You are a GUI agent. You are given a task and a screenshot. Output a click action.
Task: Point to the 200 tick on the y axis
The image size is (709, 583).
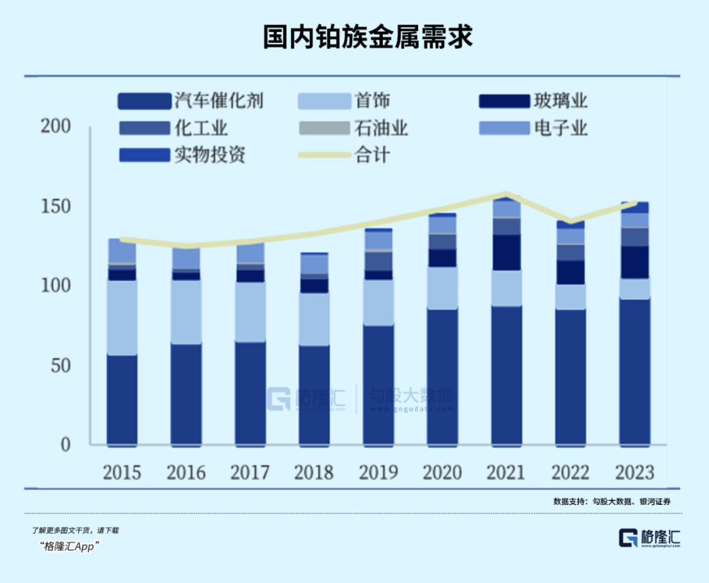56,127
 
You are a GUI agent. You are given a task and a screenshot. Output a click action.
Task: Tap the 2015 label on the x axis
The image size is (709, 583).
121,472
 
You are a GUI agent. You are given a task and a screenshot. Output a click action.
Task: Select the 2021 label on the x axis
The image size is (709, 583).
506,472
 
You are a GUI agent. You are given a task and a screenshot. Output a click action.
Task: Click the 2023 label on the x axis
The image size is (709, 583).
634,472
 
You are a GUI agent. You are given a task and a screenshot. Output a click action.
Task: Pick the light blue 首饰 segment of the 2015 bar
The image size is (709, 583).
121,318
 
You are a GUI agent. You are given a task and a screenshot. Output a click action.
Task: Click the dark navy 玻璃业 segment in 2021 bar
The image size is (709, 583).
506,253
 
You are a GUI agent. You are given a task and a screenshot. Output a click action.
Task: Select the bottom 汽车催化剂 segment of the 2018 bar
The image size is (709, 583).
314,394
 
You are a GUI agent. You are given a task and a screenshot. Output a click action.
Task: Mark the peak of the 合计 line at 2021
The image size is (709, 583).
506,195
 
